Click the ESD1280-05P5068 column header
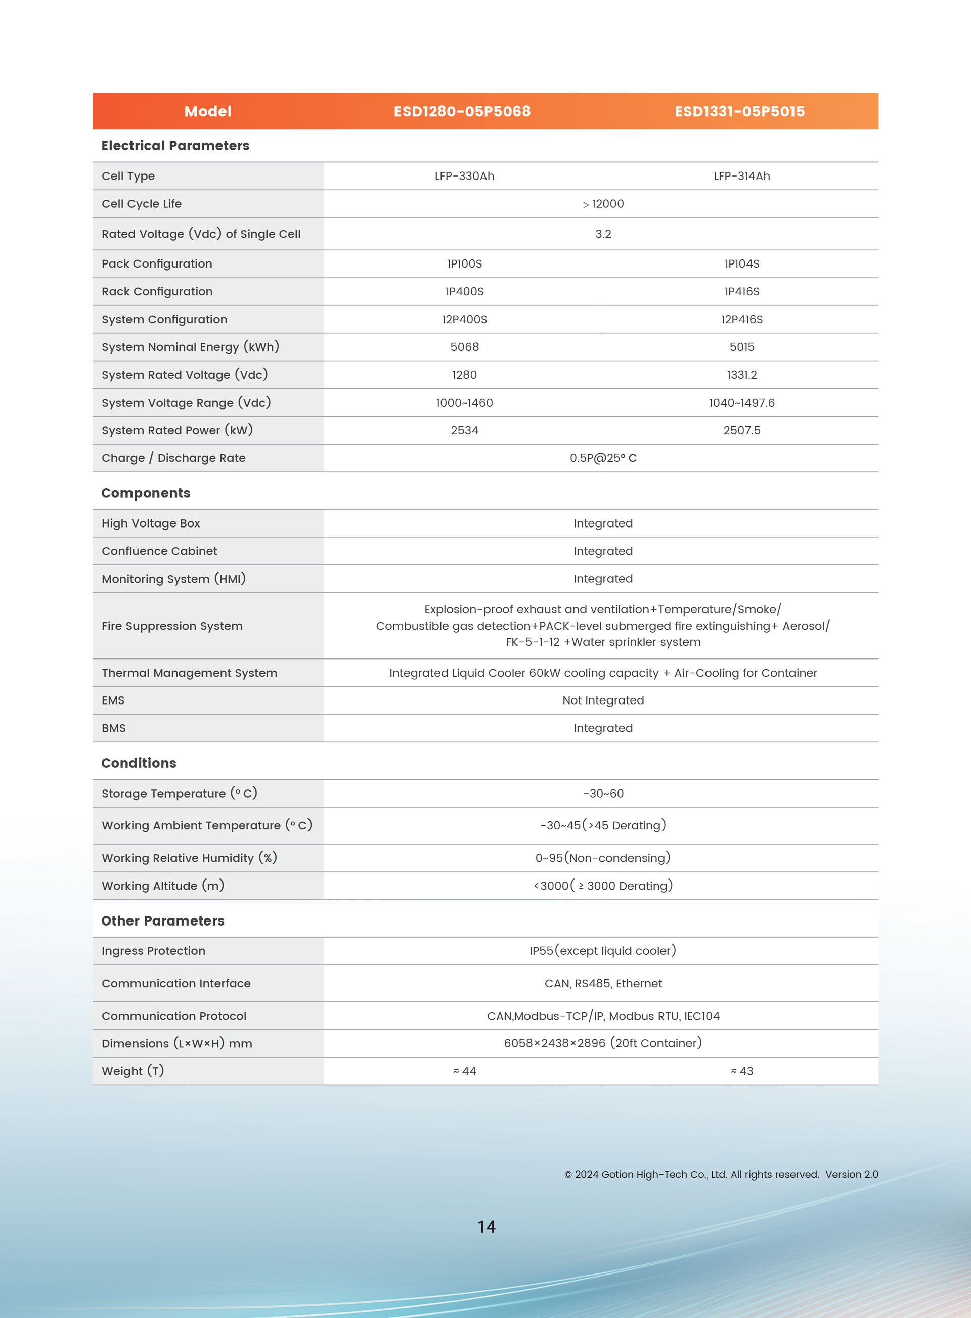[462, 111]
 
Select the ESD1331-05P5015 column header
[739, 111]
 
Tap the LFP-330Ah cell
[464, 176]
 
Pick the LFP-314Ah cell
[742, 176]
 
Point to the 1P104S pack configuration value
[742, 264]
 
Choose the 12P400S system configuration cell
[464, 319]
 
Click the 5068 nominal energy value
[464, 347]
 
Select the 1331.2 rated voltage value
[742, 374]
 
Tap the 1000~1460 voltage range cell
[464, 403]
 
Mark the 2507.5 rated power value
[742, 430]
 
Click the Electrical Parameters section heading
[175, 145]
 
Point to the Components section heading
[146, 493]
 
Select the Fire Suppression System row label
[172, 626]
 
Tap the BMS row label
[114, 728]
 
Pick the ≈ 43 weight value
[742, 1071]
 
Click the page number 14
[486, 1226]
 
